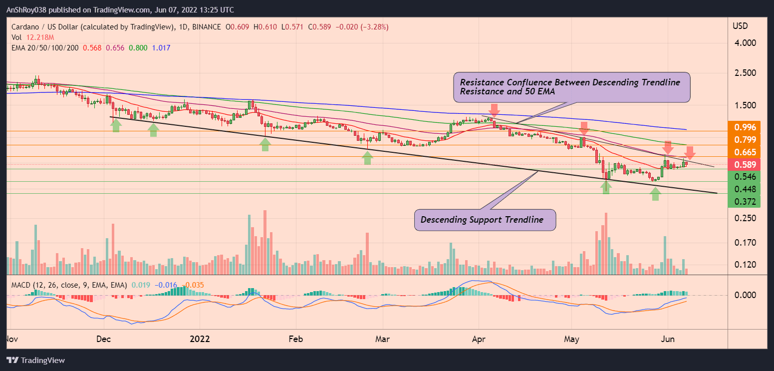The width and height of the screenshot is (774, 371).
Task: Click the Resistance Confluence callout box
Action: click(571, 87)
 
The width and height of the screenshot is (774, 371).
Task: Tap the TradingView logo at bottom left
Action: click(36, 360)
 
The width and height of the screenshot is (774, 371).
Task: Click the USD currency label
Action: click(740, 25)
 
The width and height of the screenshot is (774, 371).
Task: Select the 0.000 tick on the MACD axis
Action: click(746, 295)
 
